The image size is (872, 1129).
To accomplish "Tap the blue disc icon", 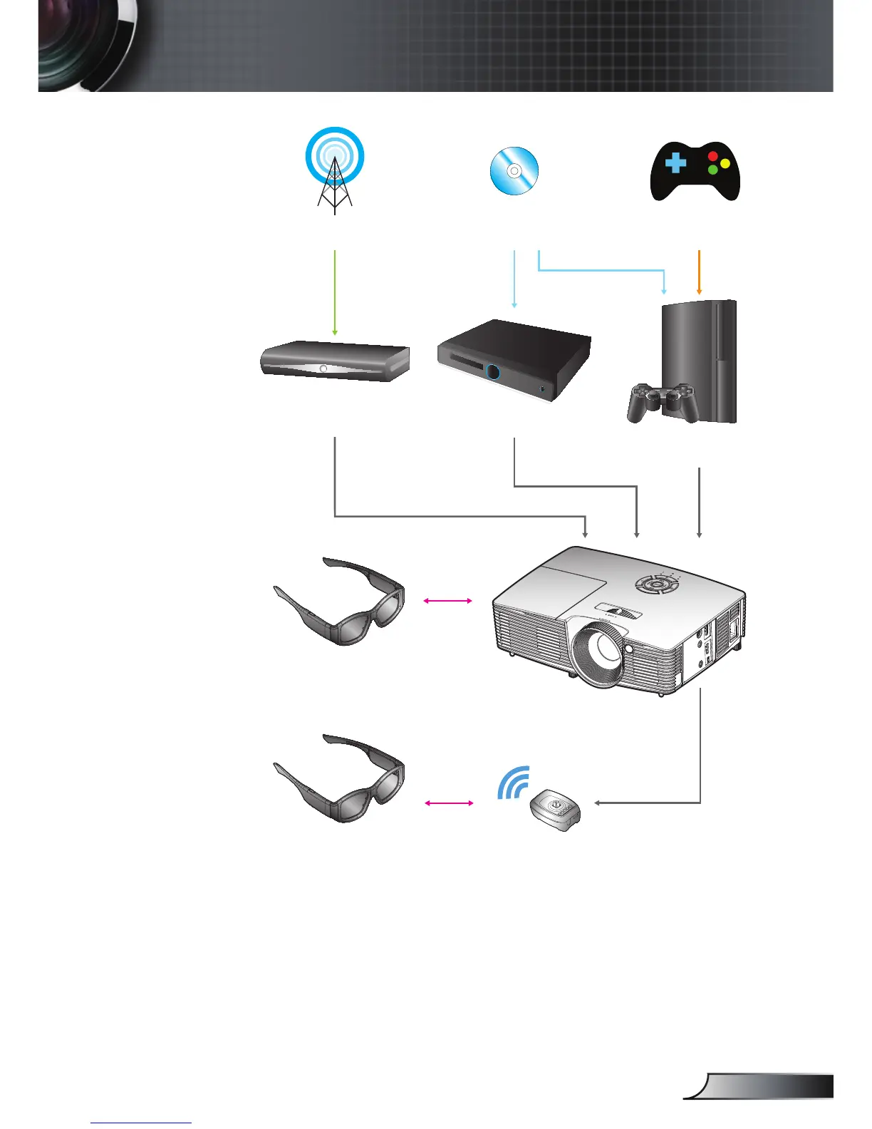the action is click(x=514, y=171).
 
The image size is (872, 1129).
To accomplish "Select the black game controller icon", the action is click(x=695, y=172).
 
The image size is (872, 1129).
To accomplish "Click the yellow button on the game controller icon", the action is click(x=725, y=163).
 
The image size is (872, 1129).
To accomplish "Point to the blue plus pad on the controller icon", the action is click(x=675, y=163).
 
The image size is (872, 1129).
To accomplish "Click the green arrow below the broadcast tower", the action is click(x=334, y=292).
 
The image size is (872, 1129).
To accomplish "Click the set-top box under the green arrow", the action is click(x=334, y=361).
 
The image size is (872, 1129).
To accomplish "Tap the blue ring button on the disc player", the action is click(x=493, y=372).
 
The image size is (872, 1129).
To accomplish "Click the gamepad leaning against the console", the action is click(x=661, y=403).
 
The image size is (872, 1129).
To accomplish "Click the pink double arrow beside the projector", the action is click(x=447, y=601).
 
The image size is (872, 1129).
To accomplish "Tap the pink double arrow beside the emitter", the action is click(x=448, y=803).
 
